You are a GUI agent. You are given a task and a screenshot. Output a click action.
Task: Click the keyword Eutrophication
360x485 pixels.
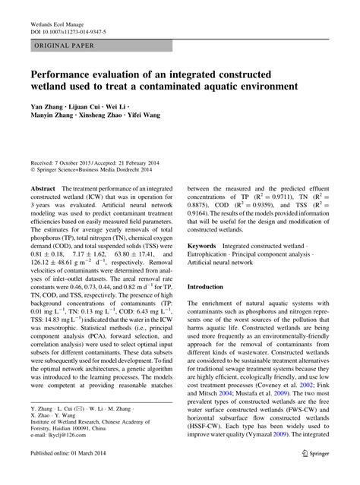[x=215, y=257]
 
